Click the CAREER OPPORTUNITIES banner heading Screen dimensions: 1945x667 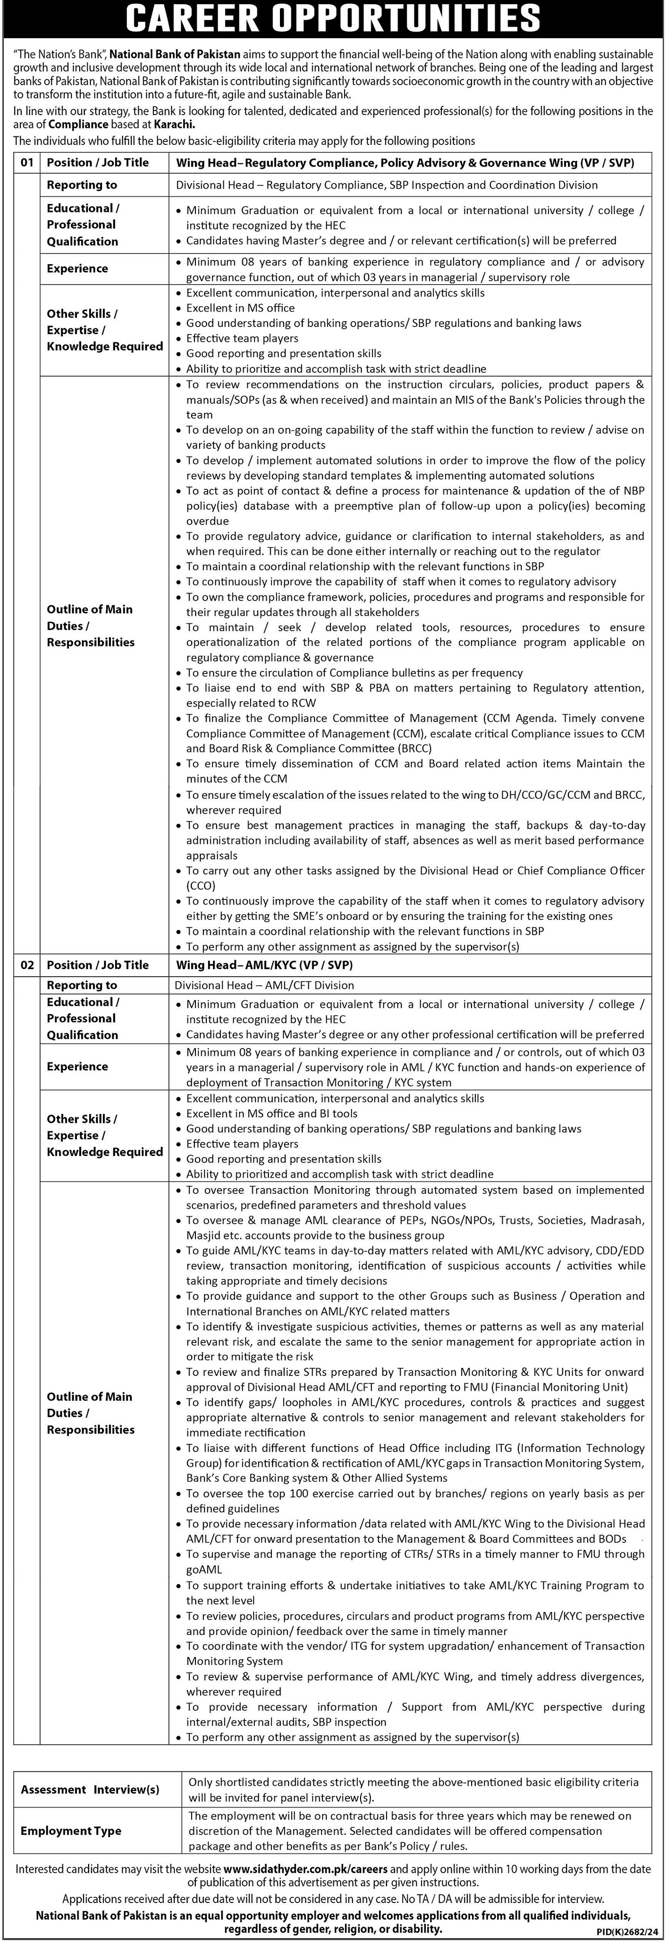[333, 18]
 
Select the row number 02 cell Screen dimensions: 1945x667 [27, 965]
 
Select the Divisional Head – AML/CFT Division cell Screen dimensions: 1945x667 [264, 985]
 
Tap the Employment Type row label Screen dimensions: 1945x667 [70, 1831]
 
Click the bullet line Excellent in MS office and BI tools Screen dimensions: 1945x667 [272, 1114]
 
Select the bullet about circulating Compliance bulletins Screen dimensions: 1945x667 [355, 673]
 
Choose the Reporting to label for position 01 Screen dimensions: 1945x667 [82, 185]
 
